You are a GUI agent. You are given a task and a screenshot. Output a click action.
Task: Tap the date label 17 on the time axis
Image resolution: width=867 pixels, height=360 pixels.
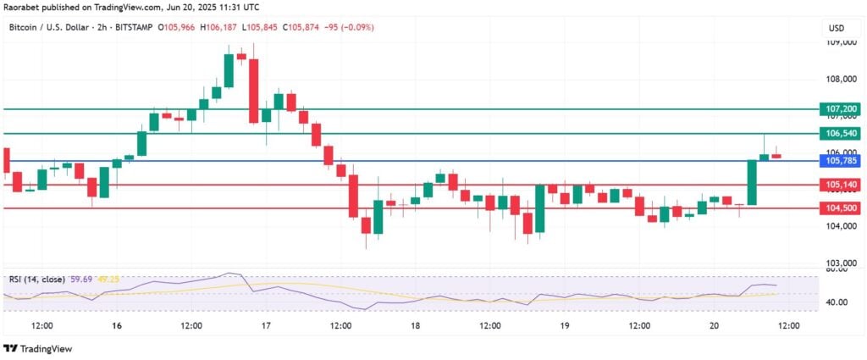coord(265,326)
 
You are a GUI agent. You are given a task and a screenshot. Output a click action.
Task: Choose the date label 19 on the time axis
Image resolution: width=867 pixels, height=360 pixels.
coord(565,326)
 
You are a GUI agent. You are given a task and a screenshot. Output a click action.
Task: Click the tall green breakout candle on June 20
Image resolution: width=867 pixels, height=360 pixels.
coord(751,182)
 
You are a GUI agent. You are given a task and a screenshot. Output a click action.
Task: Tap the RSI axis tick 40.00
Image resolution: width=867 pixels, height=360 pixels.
coord(837,302)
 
